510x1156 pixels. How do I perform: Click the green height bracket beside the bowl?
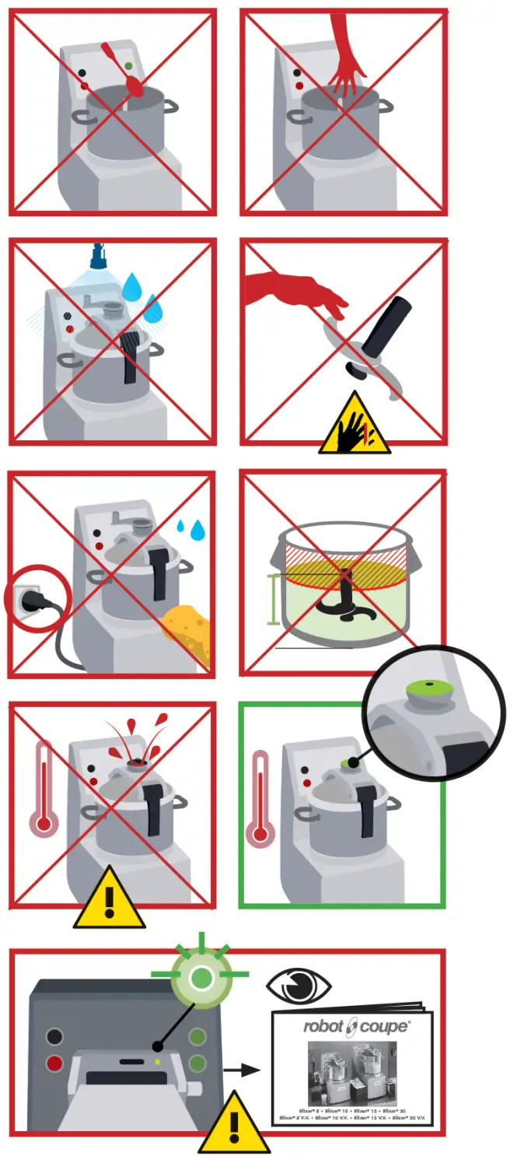pyautogui.click(x=273, y=598)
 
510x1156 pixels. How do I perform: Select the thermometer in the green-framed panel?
pyautogui.click(x=260, y=801)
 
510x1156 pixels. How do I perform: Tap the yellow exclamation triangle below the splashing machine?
pyautogui.click(x=109, y=902)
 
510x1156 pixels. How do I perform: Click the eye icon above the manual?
pyautogui.click(x=299, y=986)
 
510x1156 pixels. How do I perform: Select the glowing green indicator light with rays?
pyautogui.click(x=202, y=977)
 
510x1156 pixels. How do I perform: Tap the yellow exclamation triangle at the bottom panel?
pyautogui.click(x=233, y=1125)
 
